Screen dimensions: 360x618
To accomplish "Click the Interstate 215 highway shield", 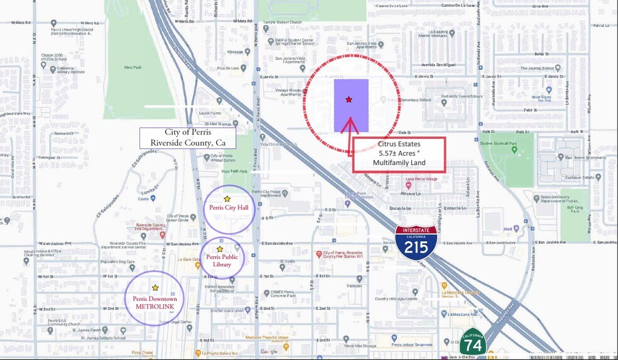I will pos(416,239).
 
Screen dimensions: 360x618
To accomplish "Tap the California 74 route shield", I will pos(472,343).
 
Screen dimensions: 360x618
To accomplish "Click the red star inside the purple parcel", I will pos(349,99).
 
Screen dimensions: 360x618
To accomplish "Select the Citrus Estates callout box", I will pos(399,155).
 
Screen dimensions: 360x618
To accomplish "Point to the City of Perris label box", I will pos(188,138).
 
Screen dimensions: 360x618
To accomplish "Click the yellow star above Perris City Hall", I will pos(227,199).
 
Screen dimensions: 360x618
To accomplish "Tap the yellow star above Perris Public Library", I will pos(219,249).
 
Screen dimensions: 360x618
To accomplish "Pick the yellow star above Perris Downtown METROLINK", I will pos(155,288).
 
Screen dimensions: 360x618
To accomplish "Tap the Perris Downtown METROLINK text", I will pos(155,303).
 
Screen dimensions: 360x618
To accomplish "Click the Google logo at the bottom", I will pos(269,352).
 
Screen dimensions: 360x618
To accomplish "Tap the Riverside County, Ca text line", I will pos(188,143).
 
